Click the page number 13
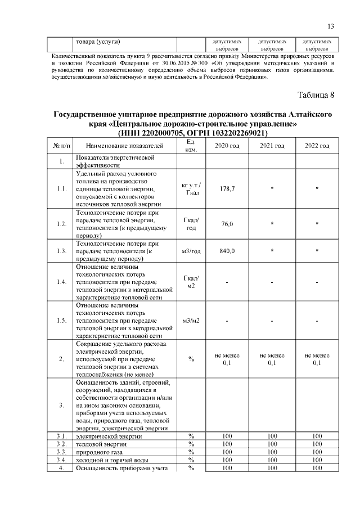point(331,26)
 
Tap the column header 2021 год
point(272,146)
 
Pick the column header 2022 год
point(317,146)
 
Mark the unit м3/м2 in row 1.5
point(191,321)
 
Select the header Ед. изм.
point(191,146)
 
